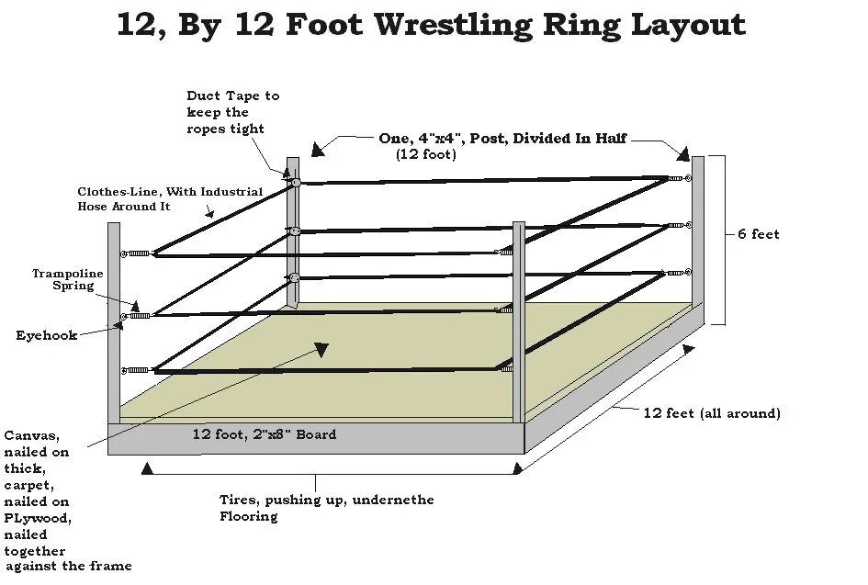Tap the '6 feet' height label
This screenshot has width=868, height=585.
(759, 234)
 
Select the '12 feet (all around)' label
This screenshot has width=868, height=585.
(711, 413)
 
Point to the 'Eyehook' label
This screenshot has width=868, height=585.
(46, 335)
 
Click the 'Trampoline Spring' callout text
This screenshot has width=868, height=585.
(68, 279)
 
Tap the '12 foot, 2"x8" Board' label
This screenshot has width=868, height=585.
(265, 434)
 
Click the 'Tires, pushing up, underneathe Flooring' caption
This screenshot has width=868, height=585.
(326, 508)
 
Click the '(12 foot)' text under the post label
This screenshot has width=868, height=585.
(426, 154)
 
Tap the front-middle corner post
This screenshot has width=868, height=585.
(519, 321)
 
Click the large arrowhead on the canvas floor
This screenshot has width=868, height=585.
(321, 349)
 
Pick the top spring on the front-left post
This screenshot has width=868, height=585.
(139, 253)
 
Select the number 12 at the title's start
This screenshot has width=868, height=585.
(136, 25)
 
